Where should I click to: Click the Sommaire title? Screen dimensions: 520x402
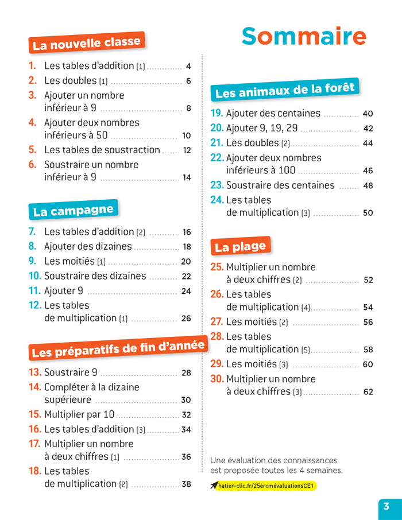[x=303, y=36]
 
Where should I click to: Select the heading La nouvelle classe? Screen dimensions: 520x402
[x=86, y=43]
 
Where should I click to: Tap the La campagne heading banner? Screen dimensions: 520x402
[x=73, y=210]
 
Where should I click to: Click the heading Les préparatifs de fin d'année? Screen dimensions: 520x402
[x=118, y=348]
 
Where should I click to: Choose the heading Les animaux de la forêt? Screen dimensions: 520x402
[x=285, y=90]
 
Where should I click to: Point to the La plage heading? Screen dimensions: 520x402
[x=240, y=246]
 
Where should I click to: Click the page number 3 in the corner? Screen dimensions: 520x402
[x=386, y=506]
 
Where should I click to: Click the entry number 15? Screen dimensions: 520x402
[x=35, y=414]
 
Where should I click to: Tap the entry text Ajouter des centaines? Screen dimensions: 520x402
[x=273, y=114]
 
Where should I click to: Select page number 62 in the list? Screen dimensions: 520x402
[x=368, y=392]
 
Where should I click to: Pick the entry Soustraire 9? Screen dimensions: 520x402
[x=71, y=372]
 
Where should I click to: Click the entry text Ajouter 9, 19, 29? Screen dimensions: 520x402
[x=262, y=128]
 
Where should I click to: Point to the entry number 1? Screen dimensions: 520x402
[x=33, y=66]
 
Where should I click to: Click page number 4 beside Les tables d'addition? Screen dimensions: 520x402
[x=188, y=66]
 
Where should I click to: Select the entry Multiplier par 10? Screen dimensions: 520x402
[x=79, y=414]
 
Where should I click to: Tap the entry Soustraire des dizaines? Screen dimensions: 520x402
[x=95, y=276]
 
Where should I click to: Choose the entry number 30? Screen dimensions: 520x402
[x=217, y=379]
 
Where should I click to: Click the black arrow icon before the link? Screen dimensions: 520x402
[x=214, y=486]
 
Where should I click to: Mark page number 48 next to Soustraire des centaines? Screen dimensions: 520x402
[x=368, y=185]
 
